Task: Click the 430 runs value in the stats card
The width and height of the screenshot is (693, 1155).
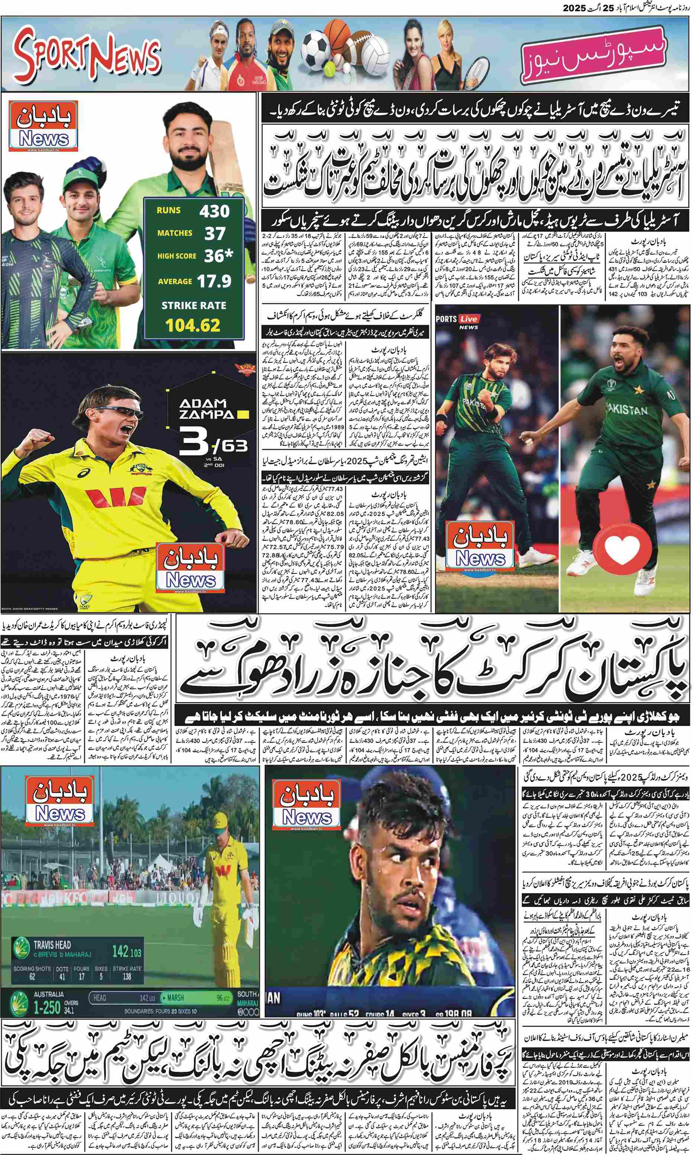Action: pos(214,211)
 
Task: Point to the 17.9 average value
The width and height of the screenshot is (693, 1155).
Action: pos(214,281)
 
